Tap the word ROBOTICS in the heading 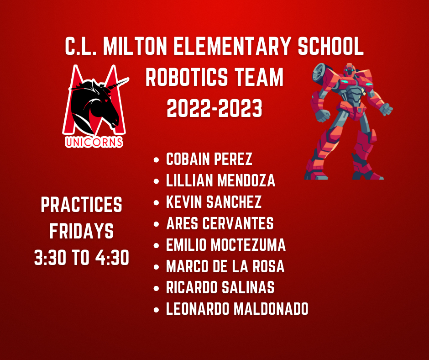tap(187, 77)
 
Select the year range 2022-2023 tap(214, 109)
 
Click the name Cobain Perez tap(209, 159)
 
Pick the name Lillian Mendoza tap(220, 180)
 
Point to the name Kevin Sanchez tap(214, 202)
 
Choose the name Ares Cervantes tap(220, 223)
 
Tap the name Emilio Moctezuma tap(226, 245)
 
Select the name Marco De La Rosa tap(225, 266)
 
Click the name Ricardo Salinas tap(220, 288)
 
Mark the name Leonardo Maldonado tap(237, 309)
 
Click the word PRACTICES tap(82, 205)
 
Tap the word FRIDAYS tap(82, 231)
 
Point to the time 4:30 tap(112, 258)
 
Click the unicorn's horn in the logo tap(118, 84)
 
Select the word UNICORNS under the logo tap(94, 142)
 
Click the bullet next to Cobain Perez tap(156, 160)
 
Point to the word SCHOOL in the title tap(331, 46)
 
